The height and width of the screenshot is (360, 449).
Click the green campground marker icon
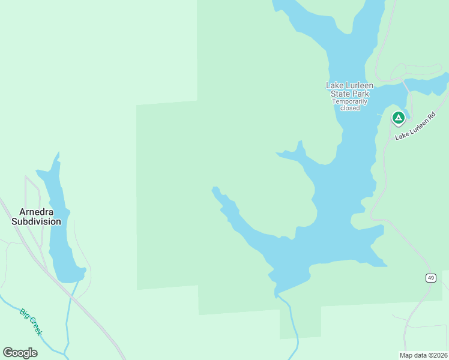click(x=398, y=118)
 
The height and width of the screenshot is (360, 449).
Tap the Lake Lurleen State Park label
click(x=350, y=89)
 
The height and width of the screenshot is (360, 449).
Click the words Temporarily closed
click(x=350, y=104)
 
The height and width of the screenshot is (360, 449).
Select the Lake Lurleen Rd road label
click(x=415, y=127)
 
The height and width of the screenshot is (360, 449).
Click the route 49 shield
click(x=430, y=278)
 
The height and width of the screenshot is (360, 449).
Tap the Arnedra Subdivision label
click(x=36, y=217)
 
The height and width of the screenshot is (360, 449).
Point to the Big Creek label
click(x=31, y=322)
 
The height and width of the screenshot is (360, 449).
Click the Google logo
click(x=20, y=353)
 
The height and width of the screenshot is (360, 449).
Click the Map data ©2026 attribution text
click(x=423, y=355)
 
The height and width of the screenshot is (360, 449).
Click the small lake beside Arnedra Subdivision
click(x=61, y=234)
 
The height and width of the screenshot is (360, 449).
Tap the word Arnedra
click(x=37, y=212)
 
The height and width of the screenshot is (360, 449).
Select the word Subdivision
click(x=36, y=221)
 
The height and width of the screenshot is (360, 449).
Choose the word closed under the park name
click(x=350, y=108)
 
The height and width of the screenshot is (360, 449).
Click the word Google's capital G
click(x=8, y=353)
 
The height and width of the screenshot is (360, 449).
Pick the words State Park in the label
click(x=350, y=94)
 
